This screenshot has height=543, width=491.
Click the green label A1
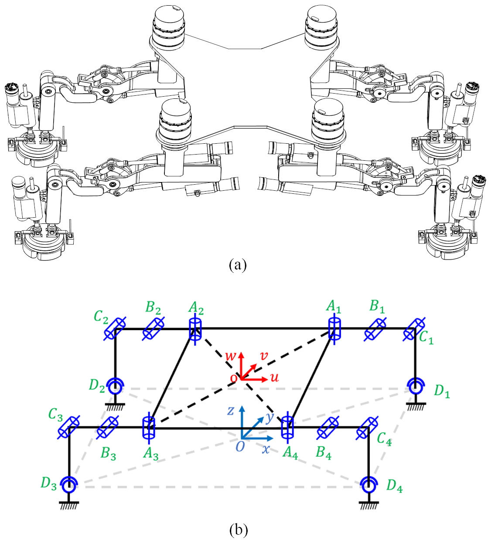click(334, 307)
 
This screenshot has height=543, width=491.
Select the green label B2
click(153, 307)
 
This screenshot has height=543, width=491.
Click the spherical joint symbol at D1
click(416, 385)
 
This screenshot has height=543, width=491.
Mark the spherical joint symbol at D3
click(69, 484)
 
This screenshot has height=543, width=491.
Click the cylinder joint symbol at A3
click(149, 427)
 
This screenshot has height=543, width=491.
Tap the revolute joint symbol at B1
click(375, 329)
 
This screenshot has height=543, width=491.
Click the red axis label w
click(231, 356)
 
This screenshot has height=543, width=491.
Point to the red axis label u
click(274, 378)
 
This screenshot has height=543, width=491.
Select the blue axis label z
click(231, 410)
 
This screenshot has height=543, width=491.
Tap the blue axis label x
click(266, 449)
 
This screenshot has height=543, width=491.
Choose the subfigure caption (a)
click(238, 264)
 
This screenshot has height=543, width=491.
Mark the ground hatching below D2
click(116, 406)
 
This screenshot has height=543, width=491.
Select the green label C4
click(384, 438)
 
